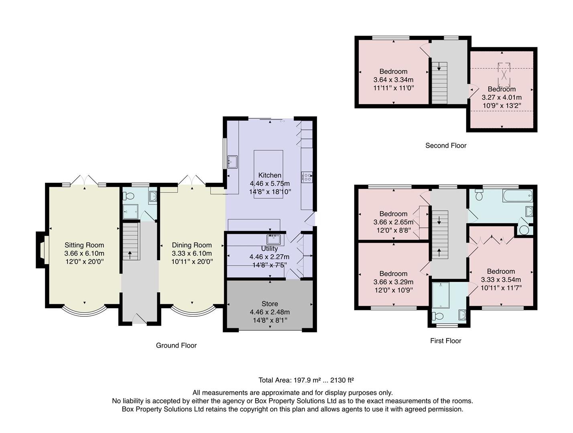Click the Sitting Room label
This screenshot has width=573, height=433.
84,245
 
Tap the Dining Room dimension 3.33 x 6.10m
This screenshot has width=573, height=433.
192,253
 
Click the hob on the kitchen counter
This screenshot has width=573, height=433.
307,177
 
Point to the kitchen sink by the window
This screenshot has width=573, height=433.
232,162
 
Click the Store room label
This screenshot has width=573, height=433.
270,304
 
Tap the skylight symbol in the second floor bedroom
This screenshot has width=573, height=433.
504,75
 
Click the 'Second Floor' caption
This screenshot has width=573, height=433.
446,146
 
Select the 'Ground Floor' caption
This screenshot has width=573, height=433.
176,345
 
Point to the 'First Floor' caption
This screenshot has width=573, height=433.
445,341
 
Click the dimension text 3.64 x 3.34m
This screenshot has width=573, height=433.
393,80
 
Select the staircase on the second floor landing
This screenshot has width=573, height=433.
439,83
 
